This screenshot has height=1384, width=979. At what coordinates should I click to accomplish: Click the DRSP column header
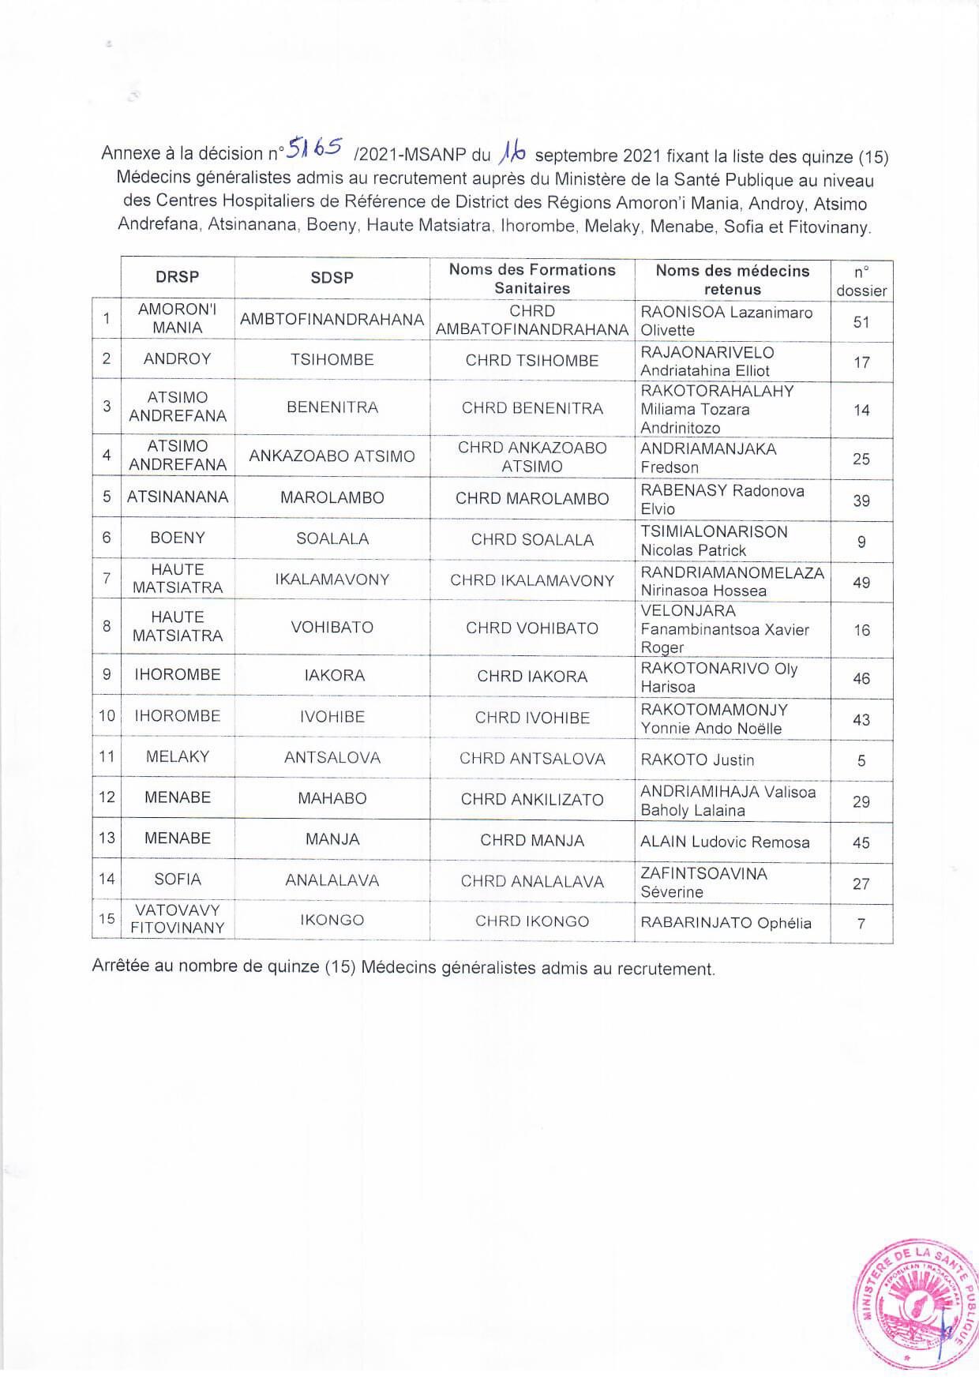177,277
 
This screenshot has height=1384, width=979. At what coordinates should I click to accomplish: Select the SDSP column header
332,278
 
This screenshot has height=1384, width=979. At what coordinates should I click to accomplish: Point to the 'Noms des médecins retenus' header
732,279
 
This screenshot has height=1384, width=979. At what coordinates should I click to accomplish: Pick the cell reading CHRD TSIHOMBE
531,361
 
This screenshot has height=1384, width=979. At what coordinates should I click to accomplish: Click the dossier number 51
861,321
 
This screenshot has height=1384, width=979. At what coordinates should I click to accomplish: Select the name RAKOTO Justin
697,760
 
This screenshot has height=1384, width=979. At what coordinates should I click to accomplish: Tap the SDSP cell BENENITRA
332,407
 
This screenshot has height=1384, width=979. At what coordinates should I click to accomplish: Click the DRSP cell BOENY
177,538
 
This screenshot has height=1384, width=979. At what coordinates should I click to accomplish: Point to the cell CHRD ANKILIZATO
531,800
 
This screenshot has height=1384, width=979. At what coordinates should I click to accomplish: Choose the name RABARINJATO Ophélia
726,923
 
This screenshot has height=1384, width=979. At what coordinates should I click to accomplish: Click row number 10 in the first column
107,716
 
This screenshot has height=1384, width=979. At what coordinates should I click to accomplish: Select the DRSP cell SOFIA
177,880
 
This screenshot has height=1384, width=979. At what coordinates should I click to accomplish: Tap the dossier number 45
861,842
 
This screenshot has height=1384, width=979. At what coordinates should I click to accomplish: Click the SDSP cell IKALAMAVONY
332,579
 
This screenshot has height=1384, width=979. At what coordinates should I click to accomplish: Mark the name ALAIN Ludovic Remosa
725,842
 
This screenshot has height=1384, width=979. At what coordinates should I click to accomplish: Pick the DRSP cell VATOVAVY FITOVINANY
177,919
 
